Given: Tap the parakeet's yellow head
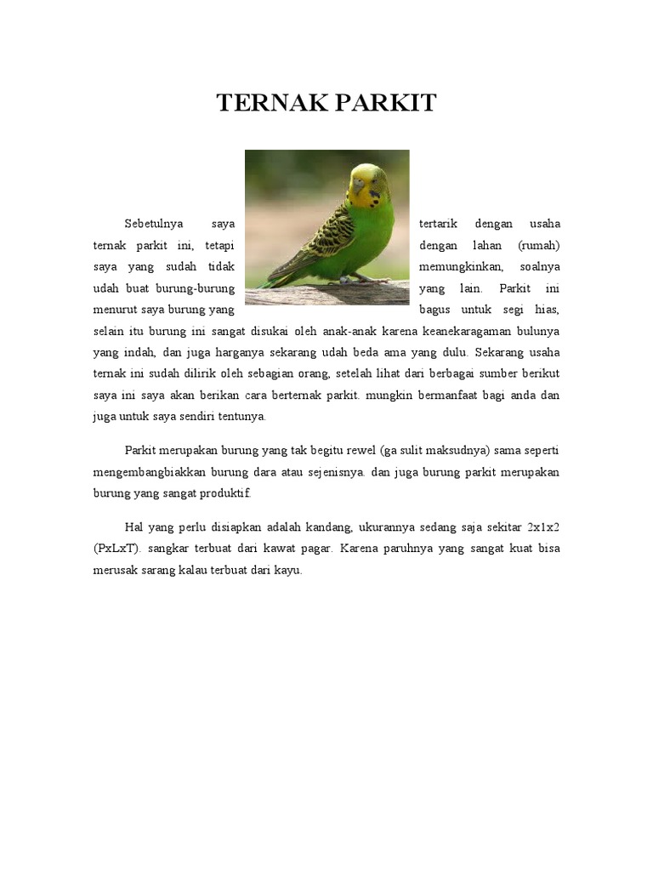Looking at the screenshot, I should (x=368, y=180).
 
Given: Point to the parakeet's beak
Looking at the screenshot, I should (x=357, y=184).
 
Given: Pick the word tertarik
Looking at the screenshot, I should (x=439, y=225).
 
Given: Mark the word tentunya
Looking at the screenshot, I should (x=243, y=417).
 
